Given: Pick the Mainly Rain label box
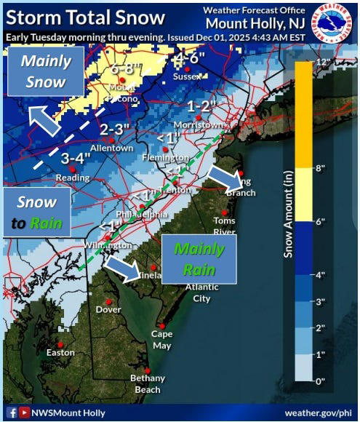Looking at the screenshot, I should (199, 259).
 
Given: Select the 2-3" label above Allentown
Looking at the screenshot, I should (114, 130).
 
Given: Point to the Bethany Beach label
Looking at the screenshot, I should (147, 383).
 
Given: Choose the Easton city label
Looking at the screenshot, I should (60, 352).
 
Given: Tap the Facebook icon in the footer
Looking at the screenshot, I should (12, 413).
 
